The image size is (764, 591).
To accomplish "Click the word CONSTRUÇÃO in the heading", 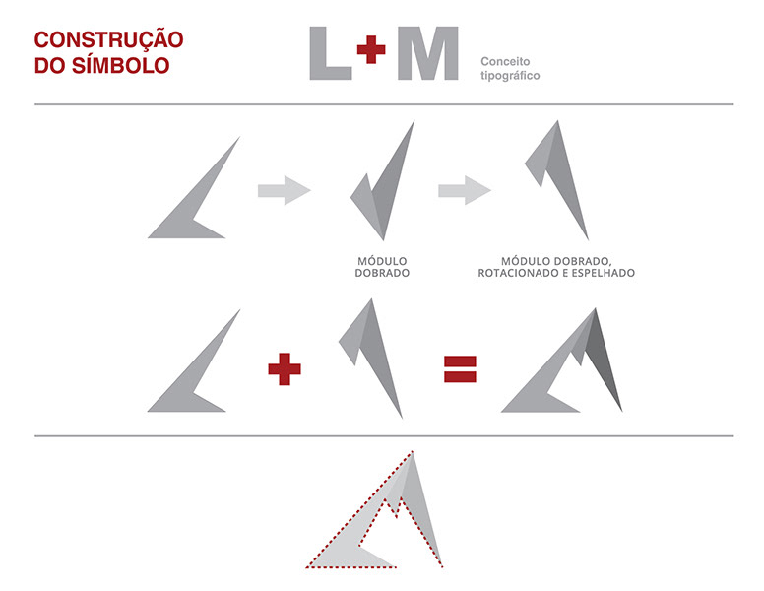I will point(109,40).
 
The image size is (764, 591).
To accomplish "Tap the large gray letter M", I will point(427,53).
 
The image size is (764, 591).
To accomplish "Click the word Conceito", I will point(505,61).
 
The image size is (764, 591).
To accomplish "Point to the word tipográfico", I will point(510,75).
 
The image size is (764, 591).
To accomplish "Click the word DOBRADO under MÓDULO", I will point(382,273).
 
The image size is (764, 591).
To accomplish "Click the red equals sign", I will point(460,369).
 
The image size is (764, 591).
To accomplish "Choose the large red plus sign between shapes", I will point(285,370).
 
